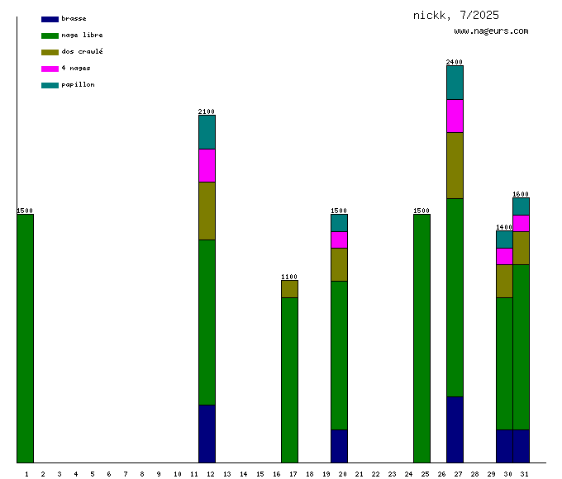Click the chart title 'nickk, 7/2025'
coord(455,16)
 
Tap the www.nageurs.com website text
coord(491,31)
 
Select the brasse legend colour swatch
coord(50,19)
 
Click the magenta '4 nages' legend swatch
coord(50,69)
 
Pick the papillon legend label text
coord(78,85)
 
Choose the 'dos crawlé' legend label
coord(82,52)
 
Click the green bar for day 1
coord(26,339)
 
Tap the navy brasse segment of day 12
coord(207,434)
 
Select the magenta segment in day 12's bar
coord(207,165)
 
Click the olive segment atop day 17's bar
coord(289,289)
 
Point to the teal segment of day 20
coord(339,223)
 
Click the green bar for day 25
coord(421,339)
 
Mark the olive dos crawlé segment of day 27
coord(455,165)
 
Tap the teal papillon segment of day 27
coord(455,83)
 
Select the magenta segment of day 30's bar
coord(504,256)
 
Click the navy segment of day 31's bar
coord(521,446)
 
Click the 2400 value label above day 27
coord(455,62)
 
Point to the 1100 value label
coord(289,277)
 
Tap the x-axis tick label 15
coord(260,474)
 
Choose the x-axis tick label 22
coord(375,474)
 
